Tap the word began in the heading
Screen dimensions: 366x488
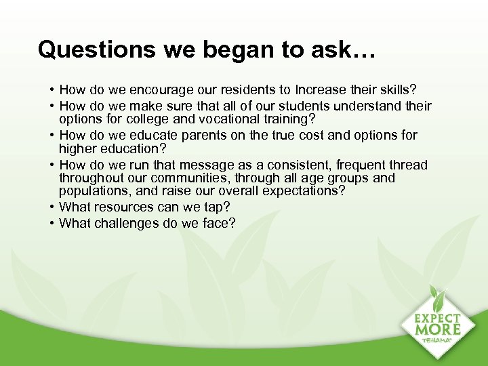click(199, 49)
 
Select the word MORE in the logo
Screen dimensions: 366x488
click(439, 331)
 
